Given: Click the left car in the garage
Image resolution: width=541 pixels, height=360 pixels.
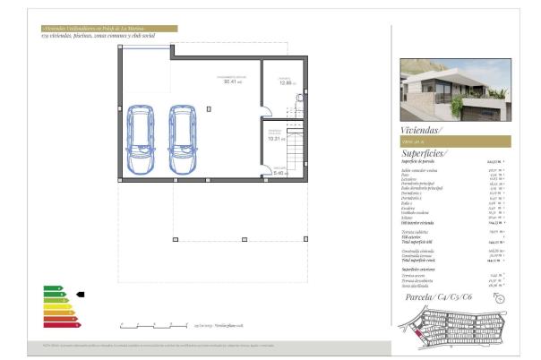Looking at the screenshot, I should point(142,141).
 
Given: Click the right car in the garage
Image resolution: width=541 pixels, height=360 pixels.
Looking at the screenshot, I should point(184,141).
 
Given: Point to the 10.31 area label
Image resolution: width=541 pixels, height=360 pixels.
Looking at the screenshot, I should point(276,139).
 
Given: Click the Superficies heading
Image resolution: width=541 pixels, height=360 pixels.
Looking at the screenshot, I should point(425,153).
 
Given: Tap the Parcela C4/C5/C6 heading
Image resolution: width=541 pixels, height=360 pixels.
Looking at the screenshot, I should point(439,296).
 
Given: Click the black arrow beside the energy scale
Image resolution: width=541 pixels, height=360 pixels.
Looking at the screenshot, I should point(80,293).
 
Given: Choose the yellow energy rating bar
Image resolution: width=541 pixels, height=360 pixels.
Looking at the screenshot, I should point(56,305).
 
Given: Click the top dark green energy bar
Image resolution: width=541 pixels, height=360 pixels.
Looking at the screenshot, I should point(52,287).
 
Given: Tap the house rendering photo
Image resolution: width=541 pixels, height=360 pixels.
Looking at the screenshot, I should point(455,90).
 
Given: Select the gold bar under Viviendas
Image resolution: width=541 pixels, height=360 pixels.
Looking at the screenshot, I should point(455,141).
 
